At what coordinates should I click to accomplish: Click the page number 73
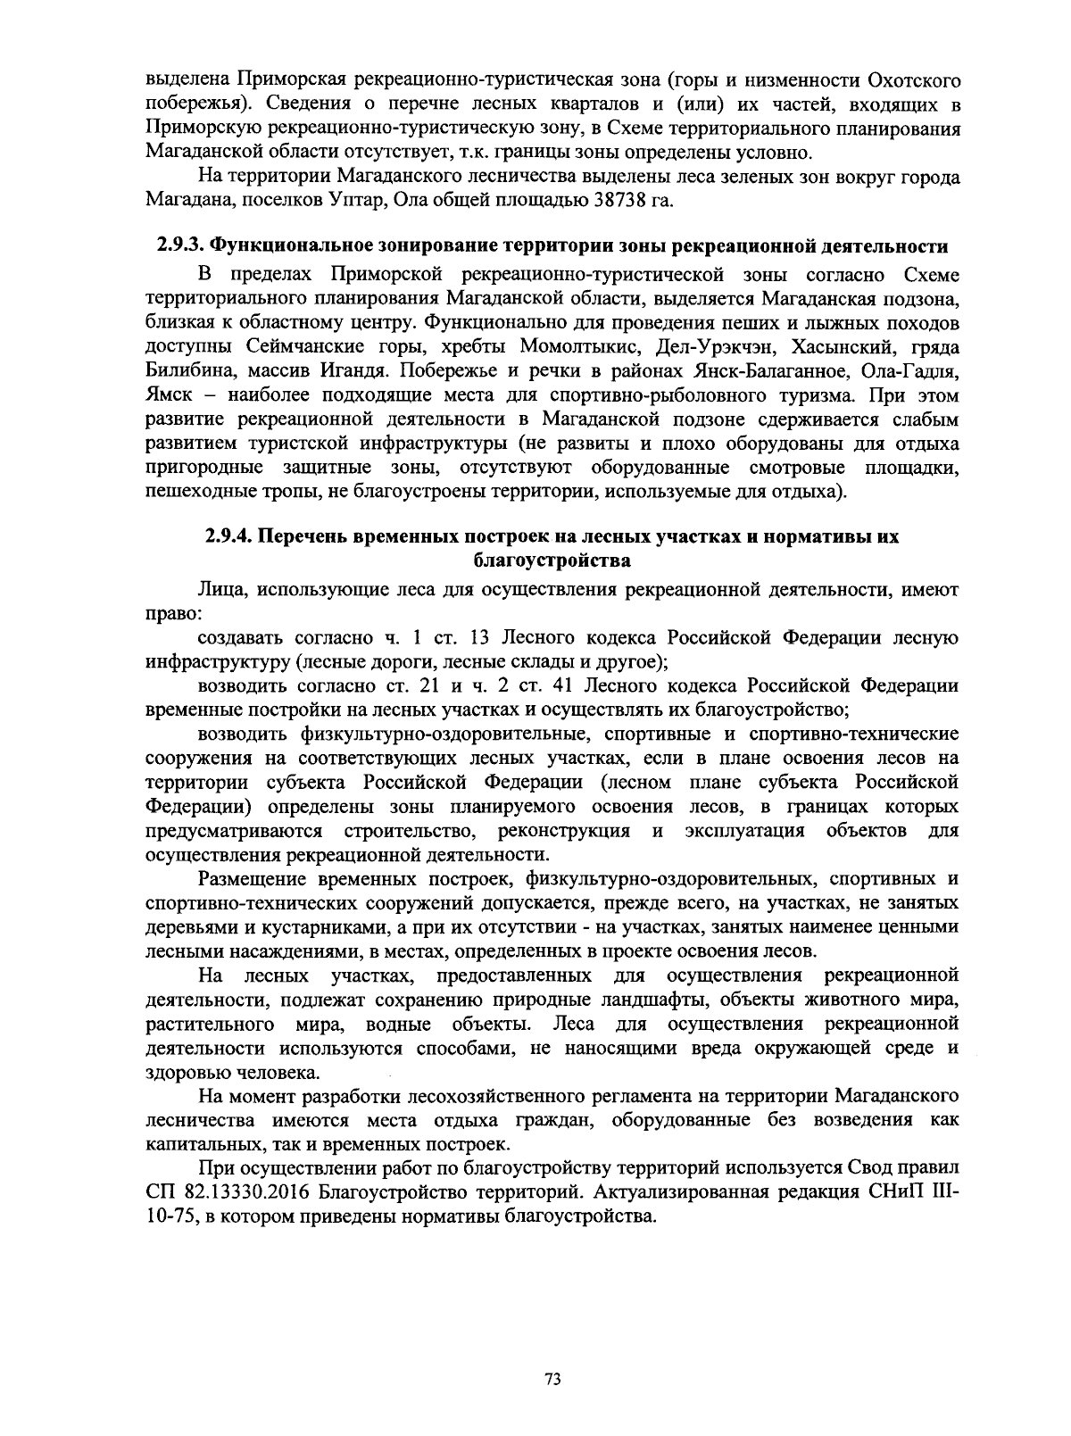pyautogui.click(x=551, y=1379)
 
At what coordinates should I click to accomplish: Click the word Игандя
pyautogui.click(x=346, y=370)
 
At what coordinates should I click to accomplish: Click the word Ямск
pyautogui.click(x=167, y=394)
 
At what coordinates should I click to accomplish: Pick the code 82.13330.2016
pyautogui.click(x=241, y=1191)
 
